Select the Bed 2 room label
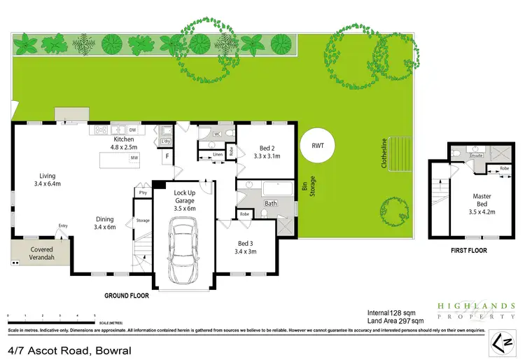(269, 152)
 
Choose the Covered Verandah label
(41, 253)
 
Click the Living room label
(48, 179)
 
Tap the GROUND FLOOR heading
(127, 296)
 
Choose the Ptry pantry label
(143, 192)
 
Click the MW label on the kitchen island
(133, 159)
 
